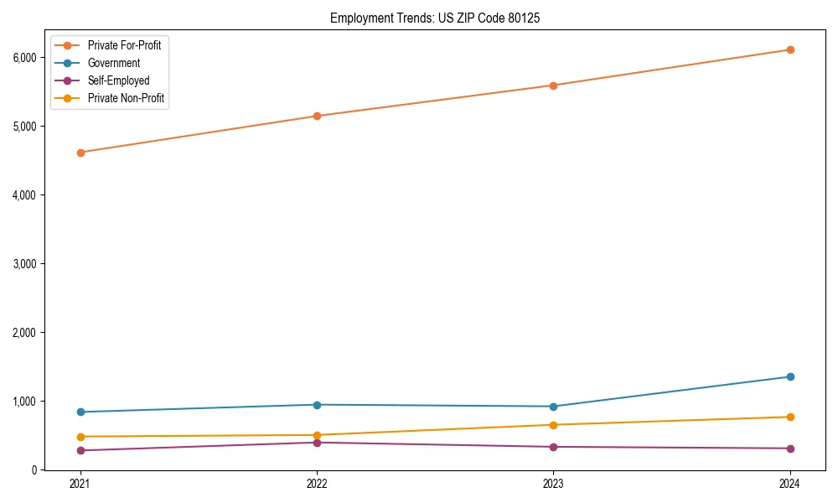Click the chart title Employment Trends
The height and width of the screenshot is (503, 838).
point(440,18)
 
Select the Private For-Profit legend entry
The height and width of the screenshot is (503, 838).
point(124,45)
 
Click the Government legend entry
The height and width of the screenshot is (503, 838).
point(114,63)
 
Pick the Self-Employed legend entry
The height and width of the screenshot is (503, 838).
point(118,80)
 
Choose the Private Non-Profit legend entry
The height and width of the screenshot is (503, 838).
point(126,98)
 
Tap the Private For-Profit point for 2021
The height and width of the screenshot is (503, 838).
point(80,153)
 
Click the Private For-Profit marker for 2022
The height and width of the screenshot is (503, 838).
point(317,116)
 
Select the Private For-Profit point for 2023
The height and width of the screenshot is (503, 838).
point(553,86)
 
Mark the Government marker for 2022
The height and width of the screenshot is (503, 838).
point(317,405)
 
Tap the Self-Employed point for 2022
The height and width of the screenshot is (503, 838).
point(317,443)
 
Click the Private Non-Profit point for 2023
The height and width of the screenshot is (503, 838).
point(553,425)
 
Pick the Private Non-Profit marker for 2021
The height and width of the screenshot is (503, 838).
point(80,437)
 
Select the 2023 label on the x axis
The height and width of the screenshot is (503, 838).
point(553,484)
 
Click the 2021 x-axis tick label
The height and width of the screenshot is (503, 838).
point(80,484)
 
